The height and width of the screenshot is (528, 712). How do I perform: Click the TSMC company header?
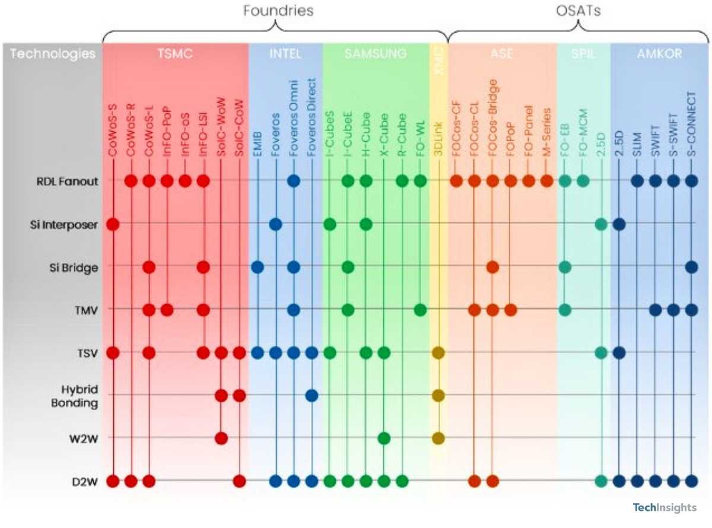pos(176,54)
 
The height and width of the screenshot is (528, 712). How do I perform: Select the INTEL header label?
pos(285,54)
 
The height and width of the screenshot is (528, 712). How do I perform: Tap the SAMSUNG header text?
pos(376,54)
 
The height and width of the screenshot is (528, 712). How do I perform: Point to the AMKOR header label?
pos(659,54)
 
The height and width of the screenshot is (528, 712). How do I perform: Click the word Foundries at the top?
pos(278,10)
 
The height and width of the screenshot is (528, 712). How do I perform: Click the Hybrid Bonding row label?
pos(79,395)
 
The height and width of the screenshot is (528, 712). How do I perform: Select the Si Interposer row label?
pos(64,224)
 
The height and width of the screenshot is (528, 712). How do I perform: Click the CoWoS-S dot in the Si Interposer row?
pos(113,224)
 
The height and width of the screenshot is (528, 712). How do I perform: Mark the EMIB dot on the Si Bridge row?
pos(258,267)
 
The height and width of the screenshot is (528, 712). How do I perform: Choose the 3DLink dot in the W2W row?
pos(438,438)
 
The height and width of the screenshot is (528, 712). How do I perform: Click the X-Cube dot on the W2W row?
pos(384,438)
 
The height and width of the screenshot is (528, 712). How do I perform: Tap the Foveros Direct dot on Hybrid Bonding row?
pos(311,395)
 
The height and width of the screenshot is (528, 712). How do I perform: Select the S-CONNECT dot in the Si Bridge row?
pos(691,267)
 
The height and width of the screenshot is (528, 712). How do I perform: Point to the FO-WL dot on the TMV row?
pos(420,310)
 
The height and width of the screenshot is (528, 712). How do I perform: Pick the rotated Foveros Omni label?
pos(293,119)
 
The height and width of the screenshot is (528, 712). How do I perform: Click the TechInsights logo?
pos(665,507)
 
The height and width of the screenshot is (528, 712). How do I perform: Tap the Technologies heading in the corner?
pos(53,54)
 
